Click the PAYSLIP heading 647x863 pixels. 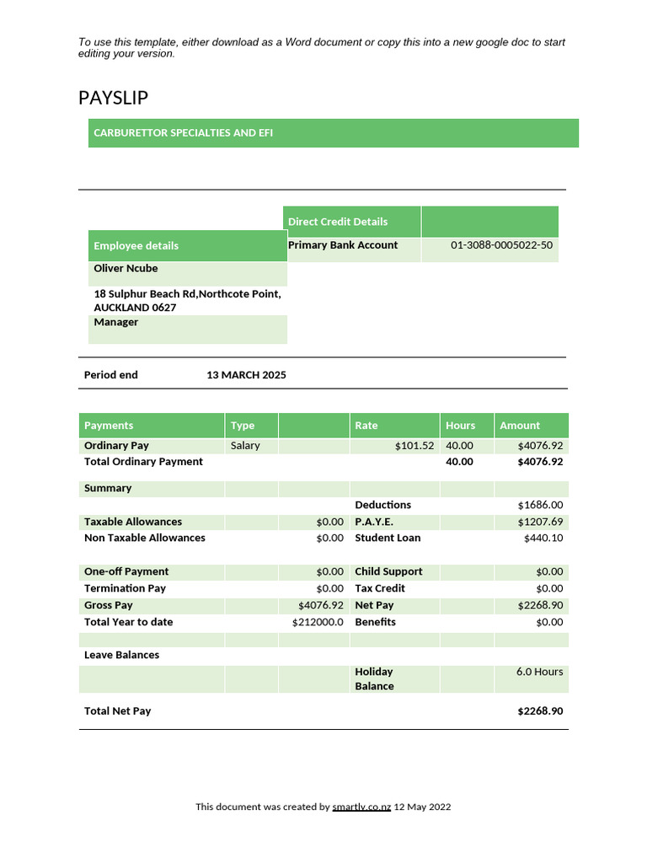coord(113,98)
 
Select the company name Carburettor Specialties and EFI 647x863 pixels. coord(183,133)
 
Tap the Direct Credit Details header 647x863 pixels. coord(338,222)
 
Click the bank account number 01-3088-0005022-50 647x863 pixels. coord(501,245)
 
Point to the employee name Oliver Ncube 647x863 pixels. coord(126,269)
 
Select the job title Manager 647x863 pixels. coord(116,323)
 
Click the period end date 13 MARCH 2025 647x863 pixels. coord(246,375)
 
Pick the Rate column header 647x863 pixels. coord(366,426)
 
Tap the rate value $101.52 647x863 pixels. coord(414,446)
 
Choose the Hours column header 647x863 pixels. coord(460,426)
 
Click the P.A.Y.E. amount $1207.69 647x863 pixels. coord(540,522)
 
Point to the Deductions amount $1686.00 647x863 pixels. coord(540,505)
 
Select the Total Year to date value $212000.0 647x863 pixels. coord(318,622)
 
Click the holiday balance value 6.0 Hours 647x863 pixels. coord(539,672)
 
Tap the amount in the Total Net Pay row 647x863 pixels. coord(540,711)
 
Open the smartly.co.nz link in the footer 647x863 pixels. coord(361,807)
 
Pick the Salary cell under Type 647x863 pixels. coord(245,446)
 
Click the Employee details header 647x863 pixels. coord(136,246)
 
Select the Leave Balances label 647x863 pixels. coord(121,655)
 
